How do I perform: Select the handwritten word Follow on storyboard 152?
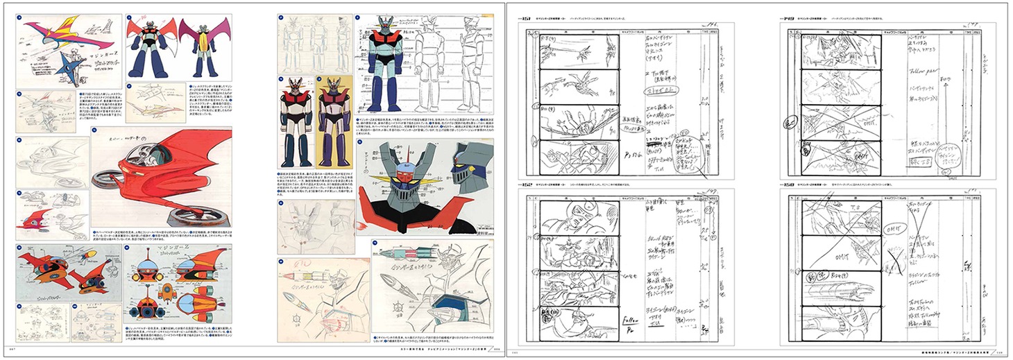(630, 320)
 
